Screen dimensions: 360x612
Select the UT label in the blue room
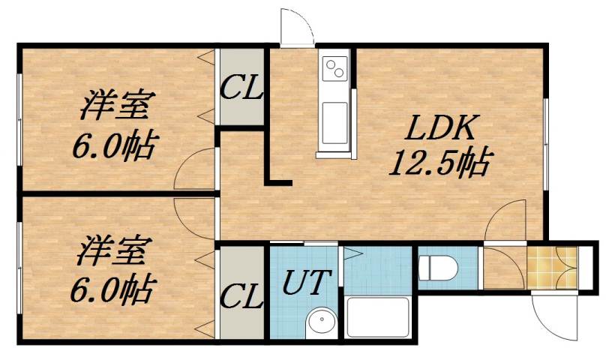tap(306, 283)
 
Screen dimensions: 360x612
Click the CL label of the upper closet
tap(241, 88)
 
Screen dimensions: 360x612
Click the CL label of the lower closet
tap(241, 296)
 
